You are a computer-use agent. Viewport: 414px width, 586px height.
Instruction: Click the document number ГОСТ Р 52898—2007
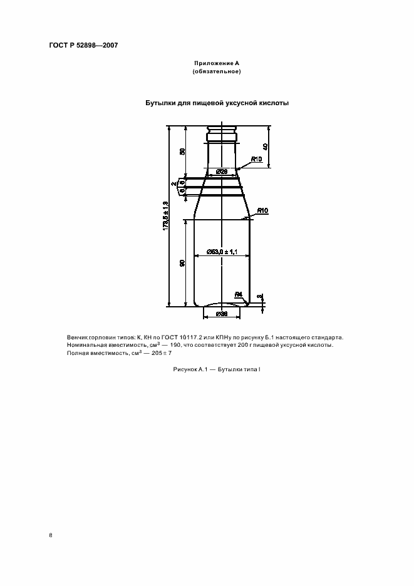pyautogui.click(x=83, y=46)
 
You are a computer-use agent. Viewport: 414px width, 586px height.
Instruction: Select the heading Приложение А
pyautogui.click(x=217, y=63)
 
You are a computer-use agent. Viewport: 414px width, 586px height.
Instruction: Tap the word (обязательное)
pyautogui.click(x=217, y=71)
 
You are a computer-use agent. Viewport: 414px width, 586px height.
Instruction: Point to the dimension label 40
pyautogui.click(x=266, y=147)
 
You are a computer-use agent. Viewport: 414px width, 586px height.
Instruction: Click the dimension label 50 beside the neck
pyautogui.click(x=182, y=152)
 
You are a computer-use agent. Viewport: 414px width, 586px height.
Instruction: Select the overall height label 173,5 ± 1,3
pyautogui.click(x=166, y=216)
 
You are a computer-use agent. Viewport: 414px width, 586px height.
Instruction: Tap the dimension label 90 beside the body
pyautogui.click(x=182, y=264)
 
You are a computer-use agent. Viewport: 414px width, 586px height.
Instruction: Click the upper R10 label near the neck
pyautogui.click(x=256, y=160)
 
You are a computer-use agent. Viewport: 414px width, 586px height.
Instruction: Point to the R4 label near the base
pyautogui.click(x=238, y=294)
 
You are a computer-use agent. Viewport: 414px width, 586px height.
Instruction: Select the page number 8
pyautogui.click(x=50, y=535)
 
